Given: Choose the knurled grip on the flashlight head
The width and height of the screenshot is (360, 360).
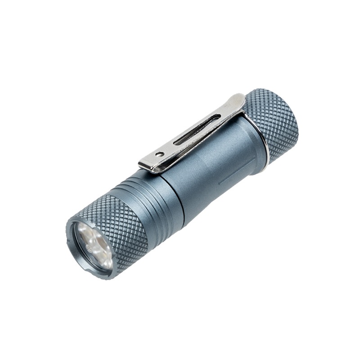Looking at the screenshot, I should coord(121,225).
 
